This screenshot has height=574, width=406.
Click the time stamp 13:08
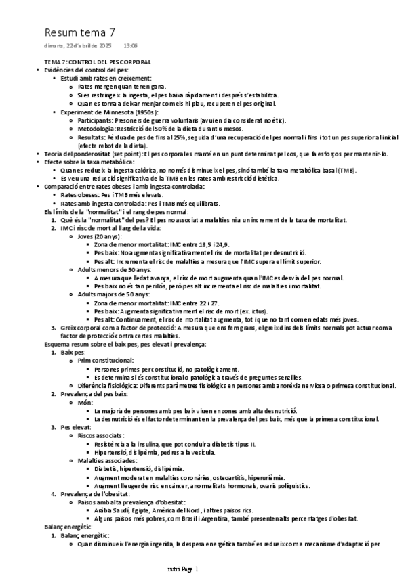130,46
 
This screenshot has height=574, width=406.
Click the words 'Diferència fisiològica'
107,385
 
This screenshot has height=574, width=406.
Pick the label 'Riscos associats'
102,435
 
